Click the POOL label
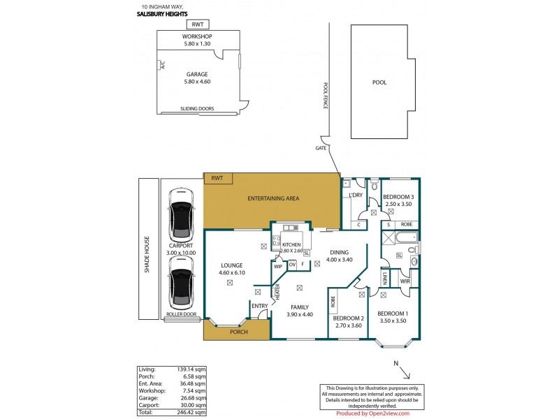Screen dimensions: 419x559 pyautogui.click(x=379, y=82)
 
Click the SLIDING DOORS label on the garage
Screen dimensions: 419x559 pyautogui.click(x=197, y=108)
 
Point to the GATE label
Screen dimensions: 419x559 pyautogui.click(x=321, y=148)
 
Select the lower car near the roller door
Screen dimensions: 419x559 pyautogui.click(x=180, y=283)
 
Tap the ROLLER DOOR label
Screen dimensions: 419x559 pyautogui.click(x=181, y=315)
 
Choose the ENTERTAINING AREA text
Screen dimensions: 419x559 pyautogui.click(x=273, y=199)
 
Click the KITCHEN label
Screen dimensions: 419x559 pyautogui.click(x=291, y=244)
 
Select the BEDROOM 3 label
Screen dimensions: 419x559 pyautogui.click(x=399, y=198)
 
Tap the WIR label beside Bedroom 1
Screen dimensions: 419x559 pyautogui.click(x=405, y=281)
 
